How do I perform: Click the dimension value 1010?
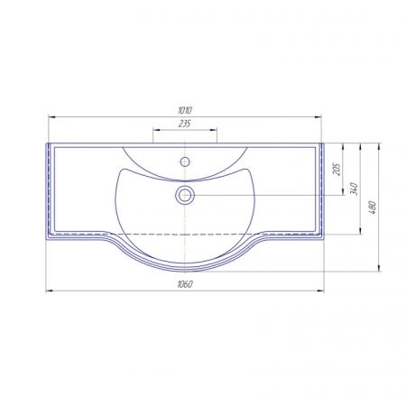[185, 110]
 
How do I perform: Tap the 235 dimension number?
[185, 124]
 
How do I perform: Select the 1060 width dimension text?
[185, 284]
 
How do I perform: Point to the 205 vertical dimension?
[337, 170]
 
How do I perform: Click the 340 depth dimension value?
[355, 189]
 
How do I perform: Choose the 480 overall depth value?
[373, 208]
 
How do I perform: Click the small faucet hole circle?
[185, 161]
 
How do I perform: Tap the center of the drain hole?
[185, 195]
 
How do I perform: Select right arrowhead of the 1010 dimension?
[318, 117]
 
